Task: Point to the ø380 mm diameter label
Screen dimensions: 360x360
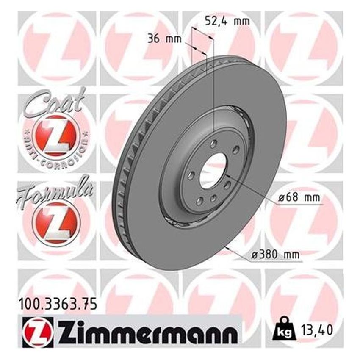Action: point(275,255)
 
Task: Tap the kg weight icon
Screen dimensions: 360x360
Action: point(280,333)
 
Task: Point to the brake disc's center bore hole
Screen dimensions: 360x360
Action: point(213,170)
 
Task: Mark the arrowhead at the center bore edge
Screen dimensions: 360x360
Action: point(225,174)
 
